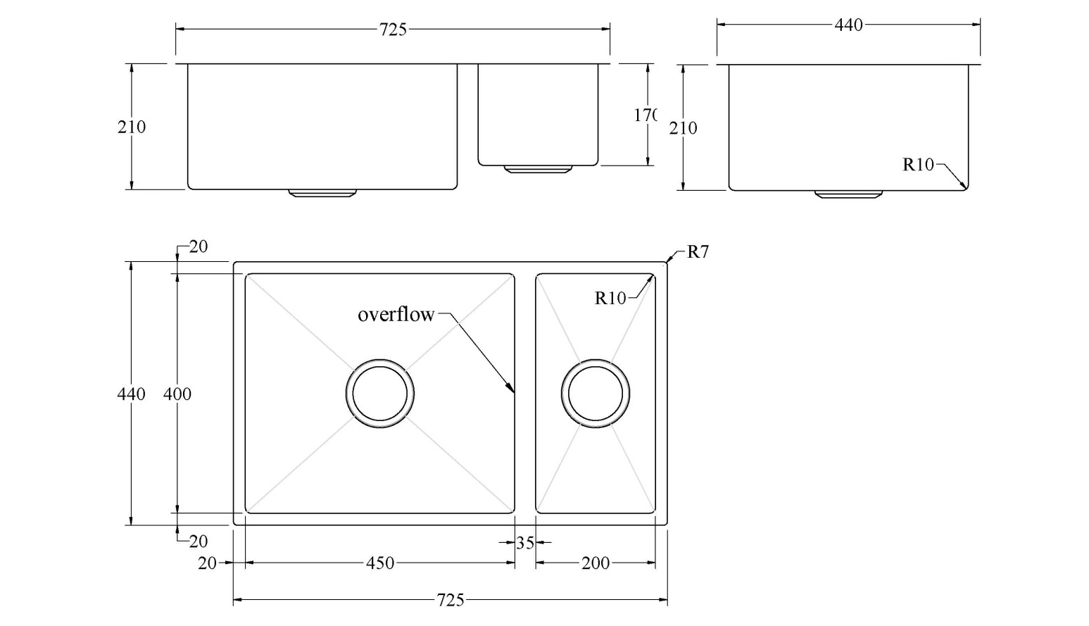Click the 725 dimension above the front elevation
pos(393,30)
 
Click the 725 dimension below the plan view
pos(451,600)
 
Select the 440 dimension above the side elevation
pos(848,25)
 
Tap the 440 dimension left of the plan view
pos(131,394)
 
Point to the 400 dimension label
pos(177,394)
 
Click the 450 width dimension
pos(380,563)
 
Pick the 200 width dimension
pos(596,563)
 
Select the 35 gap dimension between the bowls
pos(525,543)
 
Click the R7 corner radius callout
pos(697,252)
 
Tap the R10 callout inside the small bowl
pos(610,299)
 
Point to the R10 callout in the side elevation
pos(918,165)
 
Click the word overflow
pos(396,315)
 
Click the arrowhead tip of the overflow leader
pos(513,391)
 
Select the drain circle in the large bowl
pos(380,393)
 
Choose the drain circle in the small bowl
pos(596,393)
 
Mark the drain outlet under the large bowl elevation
pos(322,193)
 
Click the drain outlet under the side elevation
pos(848,194)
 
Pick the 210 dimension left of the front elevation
pos(132,127)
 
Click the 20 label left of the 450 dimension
pos(207,563)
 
